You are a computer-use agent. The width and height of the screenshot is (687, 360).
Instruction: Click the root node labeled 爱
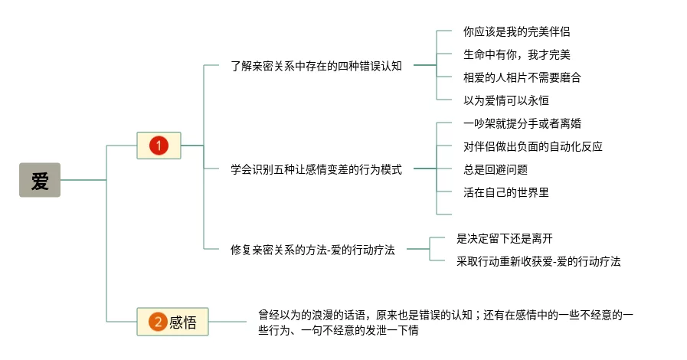(x=40, y=180)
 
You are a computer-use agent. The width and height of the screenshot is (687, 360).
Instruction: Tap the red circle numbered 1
(x=159, y=145)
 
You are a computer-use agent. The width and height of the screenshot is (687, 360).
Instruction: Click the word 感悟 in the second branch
(x=183, y=322)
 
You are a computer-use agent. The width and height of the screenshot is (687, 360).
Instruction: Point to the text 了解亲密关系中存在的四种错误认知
(x=316, y=66)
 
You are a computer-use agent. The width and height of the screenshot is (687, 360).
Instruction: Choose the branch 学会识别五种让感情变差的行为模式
(x=316, y=169)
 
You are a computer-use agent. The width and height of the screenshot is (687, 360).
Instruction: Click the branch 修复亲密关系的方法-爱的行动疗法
(x=312, y=249)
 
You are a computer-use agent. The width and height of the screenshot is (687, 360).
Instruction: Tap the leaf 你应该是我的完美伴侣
(x=516, y=31)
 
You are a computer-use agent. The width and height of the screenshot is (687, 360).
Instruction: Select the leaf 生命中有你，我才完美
(x=516, y=54)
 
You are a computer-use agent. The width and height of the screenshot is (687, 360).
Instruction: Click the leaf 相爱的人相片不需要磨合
(x=522, y=77)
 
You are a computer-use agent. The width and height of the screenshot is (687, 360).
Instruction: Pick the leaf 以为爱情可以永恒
(x=506, y=100)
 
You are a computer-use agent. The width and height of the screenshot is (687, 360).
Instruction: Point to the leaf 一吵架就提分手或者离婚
(x=527, y=123)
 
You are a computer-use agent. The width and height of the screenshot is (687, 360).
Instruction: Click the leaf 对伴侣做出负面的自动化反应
(x=538, y=146)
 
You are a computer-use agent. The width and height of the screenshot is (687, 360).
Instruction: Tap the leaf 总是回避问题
(x=496, y=169)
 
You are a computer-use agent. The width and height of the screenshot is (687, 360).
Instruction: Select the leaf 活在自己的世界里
(x=506, y=192)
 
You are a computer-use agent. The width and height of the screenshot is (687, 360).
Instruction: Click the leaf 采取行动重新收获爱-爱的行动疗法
(x=538, y=261)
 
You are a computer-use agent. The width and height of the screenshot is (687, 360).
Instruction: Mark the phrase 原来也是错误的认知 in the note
(x=425, y=315)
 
